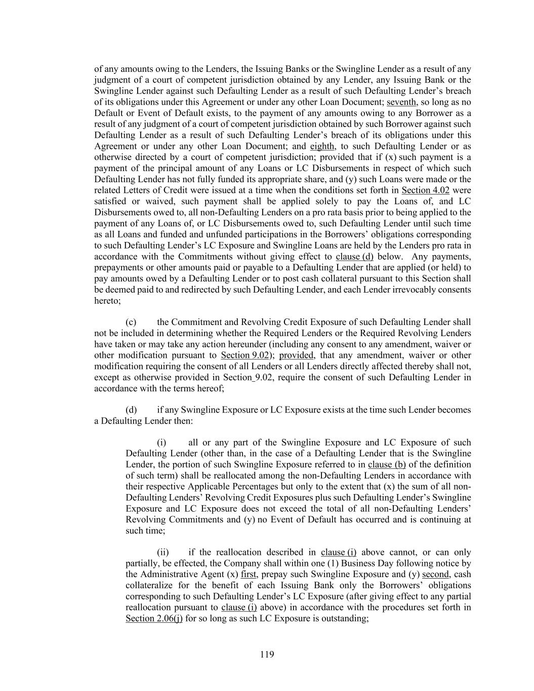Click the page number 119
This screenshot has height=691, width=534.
click(267, 655)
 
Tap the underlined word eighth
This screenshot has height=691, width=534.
click(322, 146)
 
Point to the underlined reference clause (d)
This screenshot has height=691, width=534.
click(354, 256)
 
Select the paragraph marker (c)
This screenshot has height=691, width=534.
click(131, 322)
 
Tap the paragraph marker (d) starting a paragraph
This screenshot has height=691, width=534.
click(131, 410)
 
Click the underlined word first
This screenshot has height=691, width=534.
click(249, 574)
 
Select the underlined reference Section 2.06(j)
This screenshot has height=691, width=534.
click(154, 618)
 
